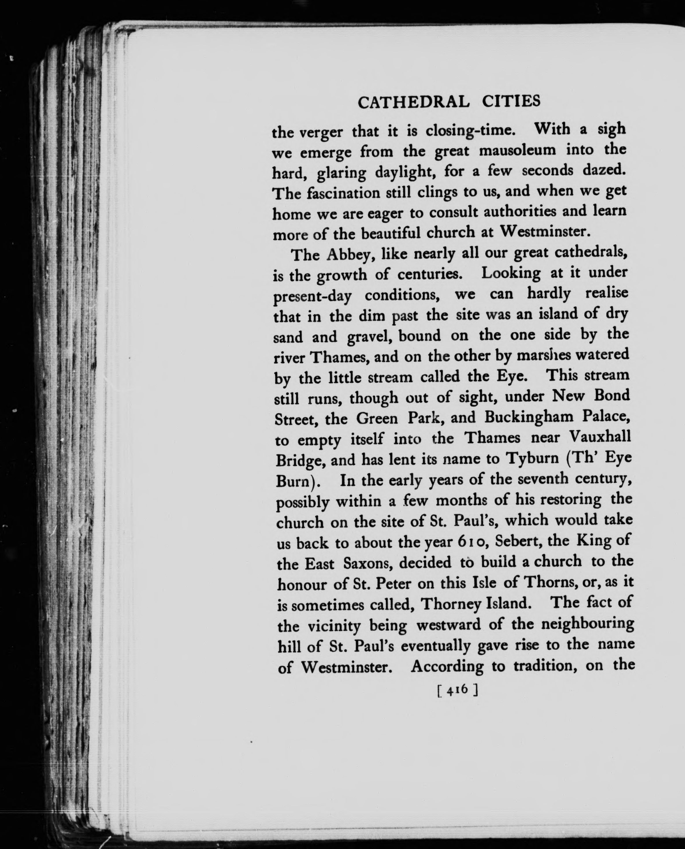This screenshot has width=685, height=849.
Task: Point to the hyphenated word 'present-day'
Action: click(x=312, y=297)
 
